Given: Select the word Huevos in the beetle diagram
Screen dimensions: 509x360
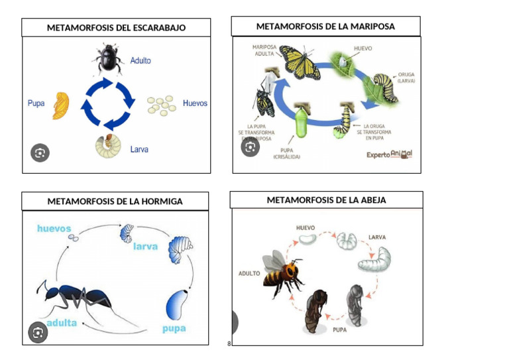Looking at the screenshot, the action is click(x=195, y=103).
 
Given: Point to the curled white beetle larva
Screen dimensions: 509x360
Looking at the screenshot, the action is click(x=107, y=147).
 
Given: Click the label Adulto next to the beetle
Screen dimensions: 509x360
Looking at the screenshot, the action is click(x=141, y=60).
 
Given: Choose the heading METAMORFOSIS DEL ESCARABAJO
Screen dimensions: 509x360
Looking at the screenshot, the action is click(x=116, y=28).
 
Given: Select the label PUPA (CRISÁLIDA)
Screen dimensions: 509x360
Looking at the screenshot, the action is click(x=286, y=153).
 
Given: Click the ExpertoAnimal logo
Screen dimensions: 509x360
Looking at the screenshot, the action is click(x=389, y=154).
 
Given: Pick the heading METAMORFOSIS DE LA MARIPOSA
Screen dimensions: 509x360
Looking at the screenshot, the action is click(x=325, y=27).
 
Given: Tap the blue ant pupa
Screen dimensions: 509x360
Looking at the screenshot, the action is click(x=175, y=305).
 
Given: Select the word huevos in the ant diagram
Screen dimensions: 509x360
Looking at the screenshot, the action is click(x=54, y=229).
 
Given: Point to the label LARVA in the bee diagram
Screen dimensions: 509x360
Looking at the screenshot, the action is click(x=377, y=237).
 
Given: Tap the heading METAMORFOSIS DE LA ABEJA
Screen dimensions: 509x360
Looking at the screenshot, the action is click(x=326, y=200).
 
